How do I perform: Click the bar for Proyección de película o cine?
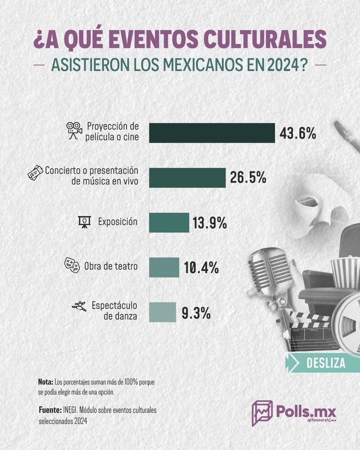[211, 133]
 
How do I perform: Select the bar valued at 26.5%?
[187, 177]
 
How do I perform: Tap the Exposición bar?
[169, 222]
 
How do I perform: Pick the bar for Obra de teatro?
[164, 267]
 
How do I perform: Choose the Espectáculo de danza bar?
[162, 312]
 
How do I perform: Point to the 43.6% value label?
[298, 133]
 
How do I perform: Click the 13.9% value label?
[211, 223]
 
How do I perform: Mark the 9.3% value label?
[196, 313]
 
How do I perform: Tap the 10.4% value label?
[201, 268]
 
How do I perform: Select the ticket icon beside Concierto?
[36, 173]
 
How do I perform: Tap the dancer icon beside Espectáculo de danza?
[79, 307]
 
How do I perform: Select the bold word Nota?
[45, 382]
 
